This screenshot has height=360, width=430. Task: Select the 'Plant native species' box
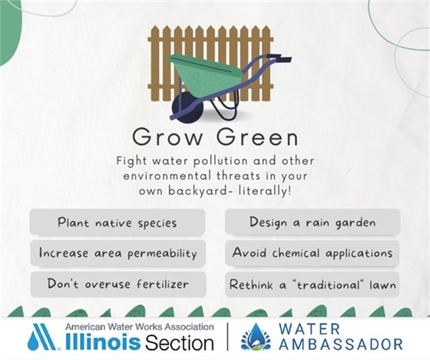(x=117, y=223)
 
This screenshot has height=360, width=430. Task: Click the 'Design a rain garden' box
(x=312, y=223)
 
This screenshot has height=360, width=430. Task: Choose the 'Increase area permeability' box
(x=117, y=253)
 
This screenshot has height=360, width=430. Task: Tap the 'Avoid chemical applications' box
(x=312, y=253)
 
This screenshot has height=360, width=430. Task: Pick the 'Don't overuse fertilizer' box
(x=117, y=284)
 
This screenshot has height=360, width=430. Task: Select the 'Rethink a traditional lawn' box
(x=312, y=284)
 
